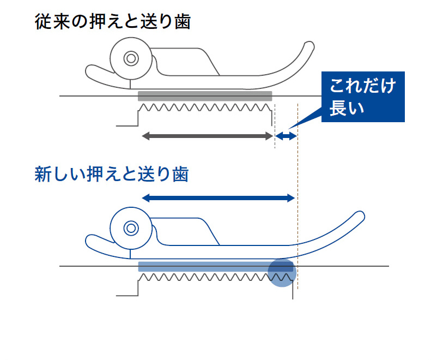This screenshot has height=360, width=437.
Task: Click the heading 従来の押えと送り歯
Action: pyautogui.click(x=113, y=22)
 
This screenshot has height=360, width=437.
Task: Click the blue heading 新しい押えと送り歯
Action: pyautogui.click(x=112, y=174)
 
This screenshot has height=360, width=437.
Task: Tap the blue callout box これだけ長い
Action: pyautogui.click(x=363, y=97)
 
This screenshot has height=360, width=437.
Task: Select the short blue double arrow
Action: pyautogui.click(x=286, y=136)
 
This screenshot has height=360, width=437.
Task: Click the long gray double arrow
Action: pyautogui.click(x=208, y=136)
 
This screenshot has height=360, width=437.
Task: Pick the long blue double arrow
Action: pyautogui.click(x=218, y=198)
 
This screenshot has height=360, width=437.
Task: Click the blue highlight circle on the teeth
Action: pyautogui.click(x=282, y=273)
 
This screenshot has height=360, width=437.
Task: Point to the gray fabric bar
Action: pyautogui.click(x=205, y=96)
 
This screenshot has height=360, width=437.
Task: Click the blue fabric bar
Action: pyautogui.click(x=216, y=267)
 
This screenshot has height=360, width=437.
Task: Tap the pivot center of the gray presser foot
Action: pyautogui.click(x=131, y=58)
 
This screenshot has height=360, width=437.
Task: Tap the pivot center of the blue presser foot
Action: pyautogui.click(x=131, y=229)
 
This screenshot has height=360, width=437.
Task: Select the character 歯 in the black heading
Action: pyautogui.click(x=183, y=22)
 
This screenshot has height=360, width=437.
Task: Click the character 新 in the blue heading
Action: pyautogui.click(x=43, y=175)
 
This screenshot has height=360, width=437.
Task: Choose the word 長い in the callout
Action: pyautogui.click(x=347, y=109)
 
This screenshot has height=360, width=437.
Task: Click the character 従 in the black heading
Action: pyautogui.click(x=43, y=22)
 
